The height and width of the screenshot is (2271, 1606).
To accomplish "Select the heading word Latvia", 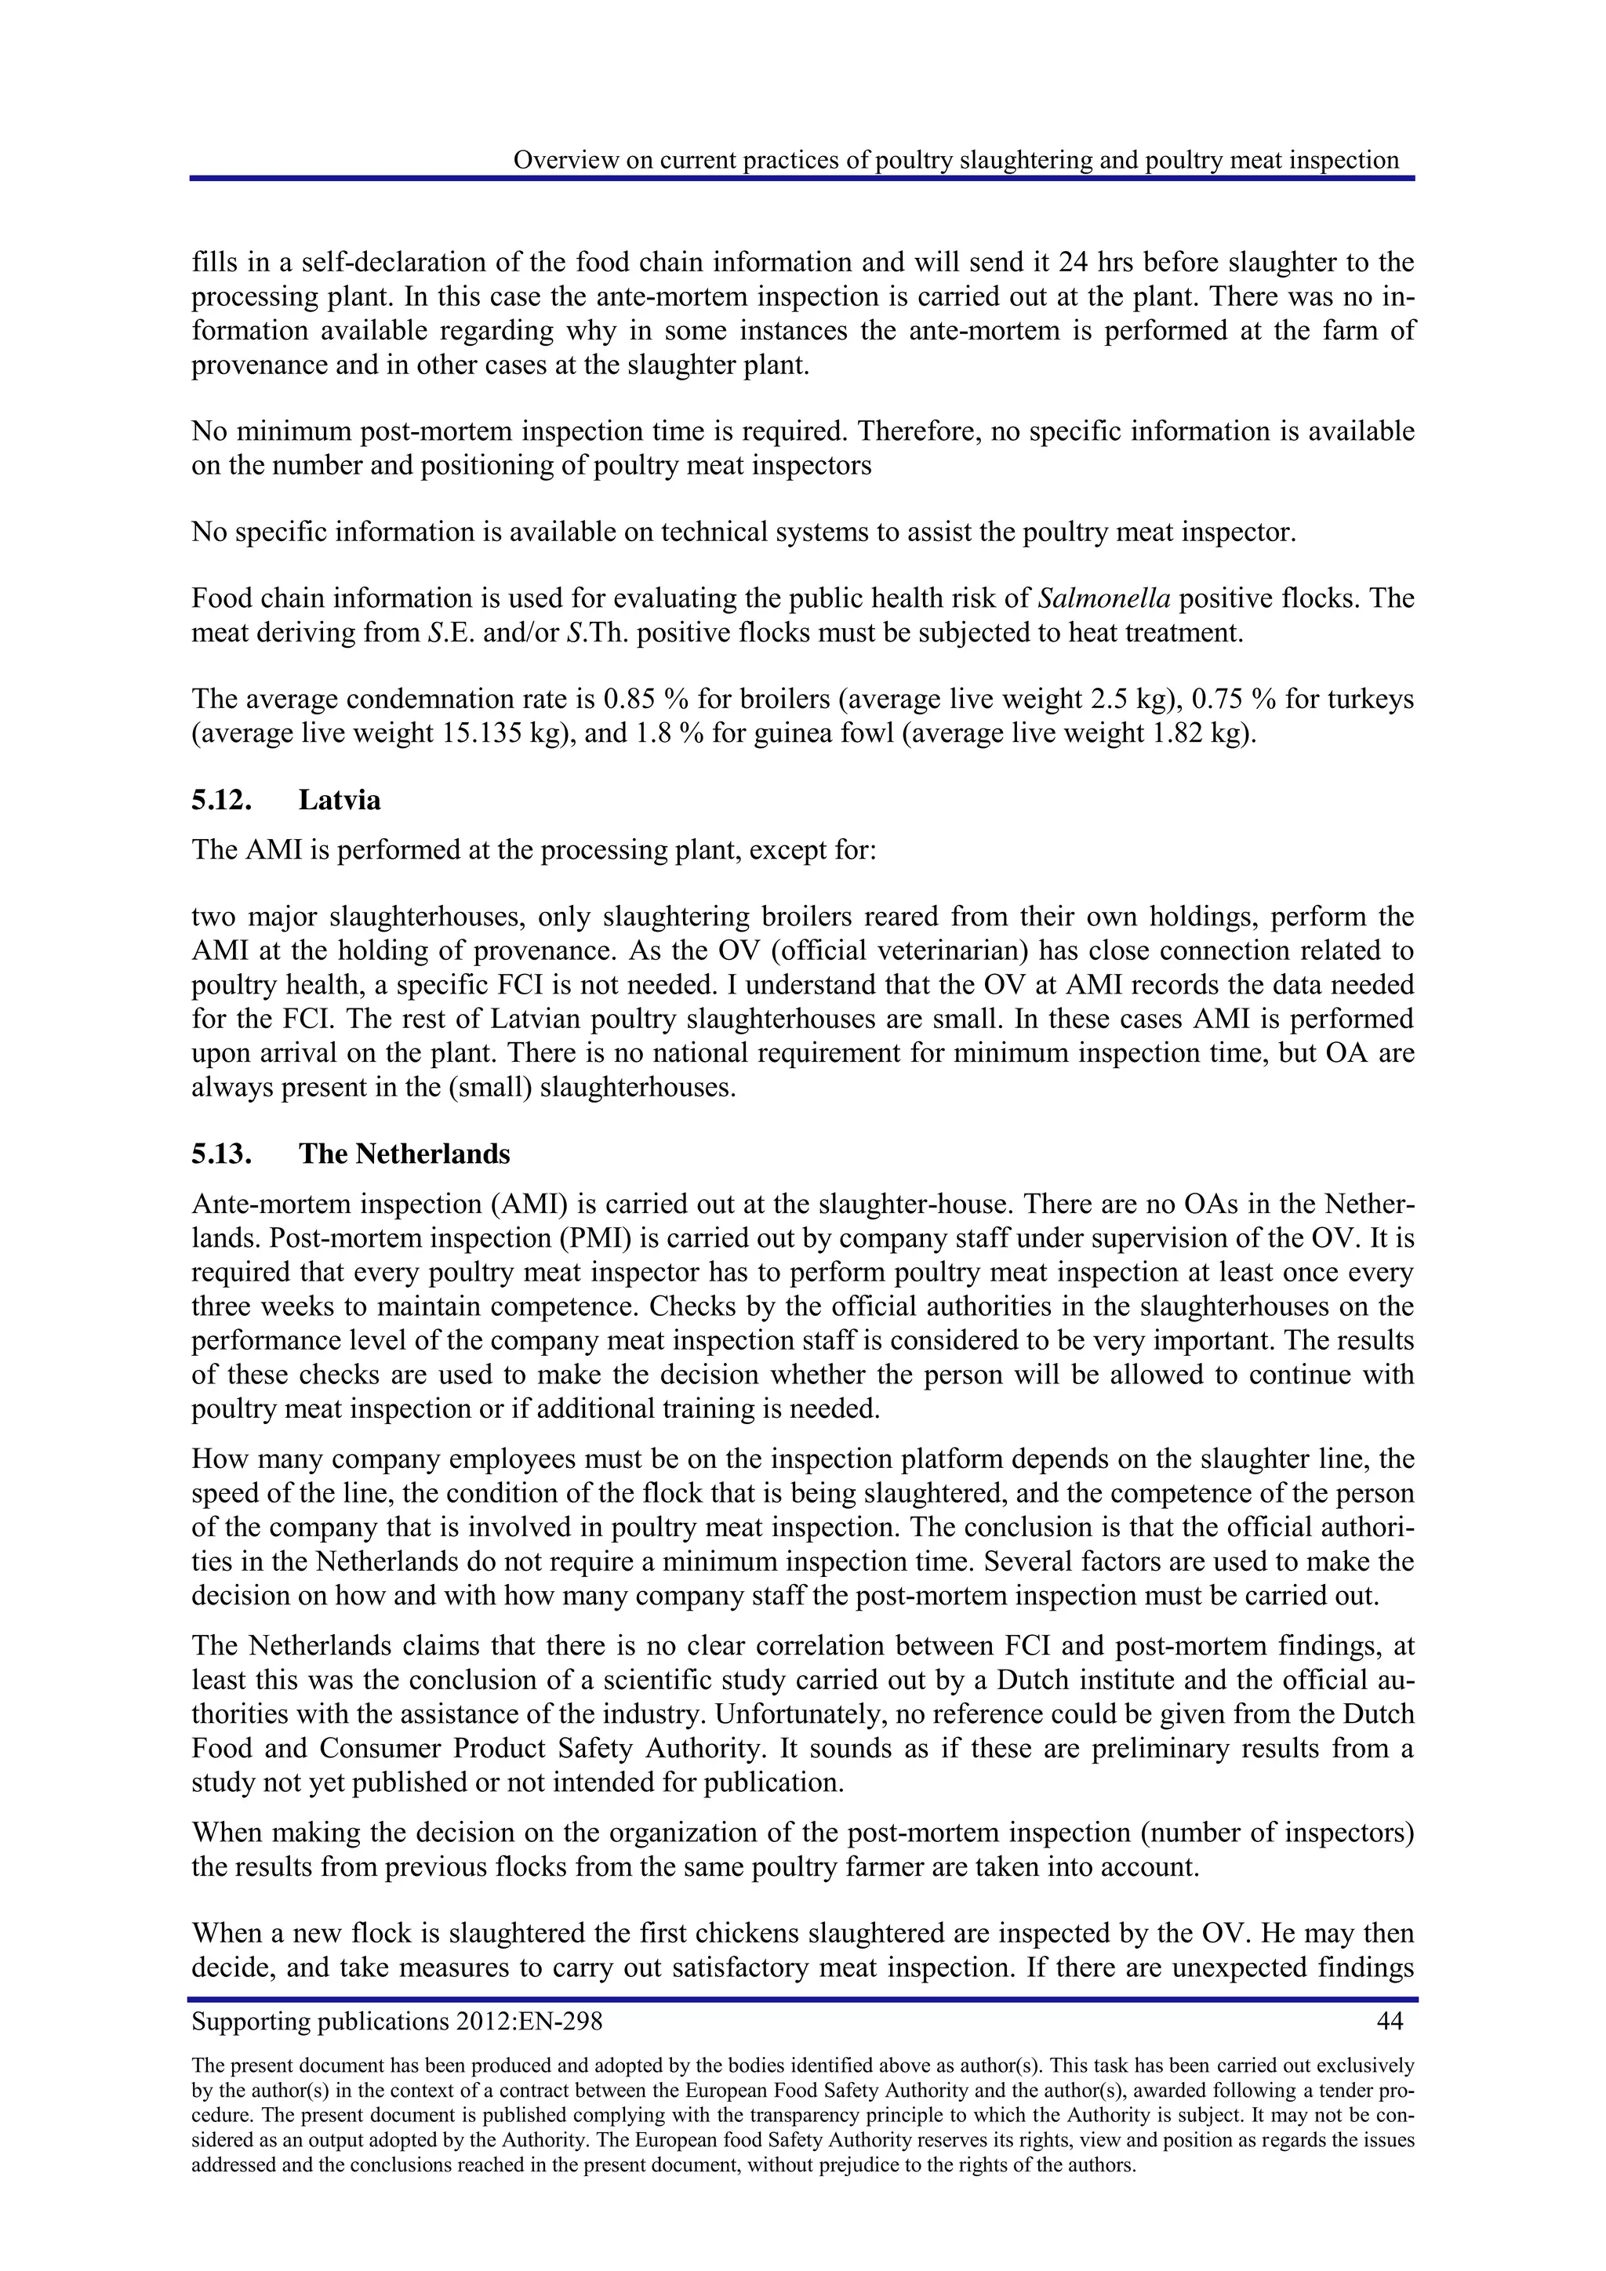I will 340,799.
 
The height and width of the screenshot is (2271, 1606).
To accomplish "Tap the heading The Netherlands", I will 405,1154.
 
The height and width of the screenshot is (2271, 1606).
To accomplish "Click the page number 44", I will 1390,2021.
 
